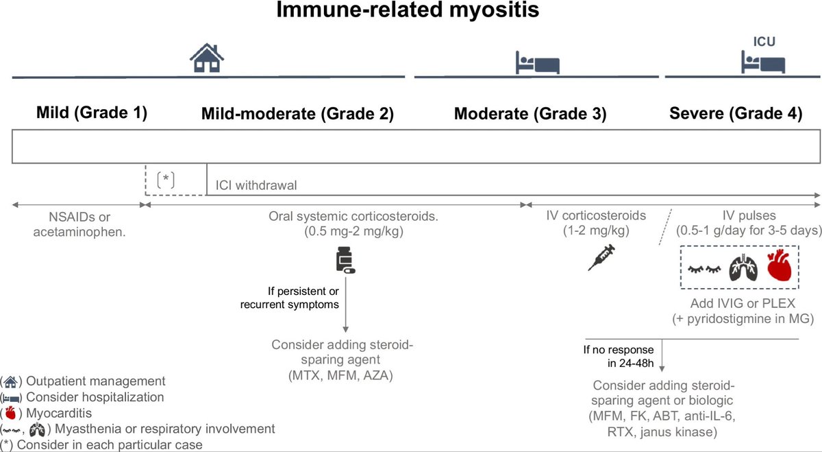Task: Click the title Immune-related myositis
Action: coord(410,12)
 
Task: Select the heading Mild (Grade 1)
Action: coord(92,114)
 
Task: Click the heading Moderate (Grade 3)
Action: coord(530,114)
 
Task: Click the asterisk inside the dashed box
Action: coord(166,180)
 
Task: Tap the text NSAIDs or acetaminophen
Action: coord(77,224)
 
